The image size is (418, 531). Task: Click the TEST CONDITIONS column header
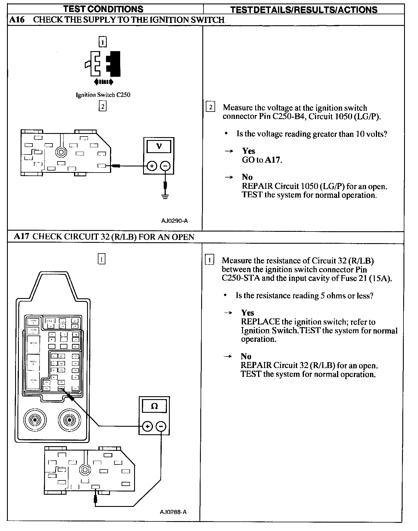coord(103,9)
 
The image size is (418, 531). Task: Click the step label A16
coord(17,20)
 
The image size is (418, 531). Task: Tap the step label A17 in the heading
coord(21,236)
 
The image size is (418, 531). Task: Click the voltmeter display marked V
coord(159,146)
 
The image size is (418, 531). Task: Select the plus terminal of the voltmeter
coord(152,166)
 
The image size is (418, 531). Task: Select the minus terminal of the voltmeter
coord(165,166)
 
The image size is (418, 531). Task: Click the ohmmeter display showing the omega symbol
coord(154,406)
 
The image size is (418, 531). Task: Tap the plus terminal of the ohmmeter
coord(147,426)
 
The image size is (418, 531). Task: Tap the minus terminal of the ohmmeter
coord(161,426)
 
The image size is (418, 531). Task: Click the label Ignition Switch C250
coord(103,95)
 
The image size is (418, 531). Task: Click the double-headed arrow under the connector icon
coord(104,82)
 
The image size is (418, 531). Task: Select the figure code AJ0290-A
coord(174,221)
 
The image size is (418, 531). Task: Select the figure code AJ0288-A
coord(173,520)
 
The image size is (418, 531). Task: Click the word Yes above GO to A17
coord(248,151)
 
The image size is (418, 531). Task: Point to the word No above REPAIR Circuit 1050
coord(247,177)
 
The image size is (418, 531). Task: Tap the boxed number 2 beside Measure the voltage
coord(210,107)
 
